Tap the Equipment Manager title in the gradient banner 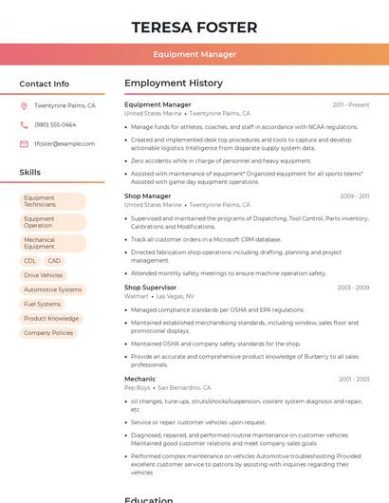pos(194,54)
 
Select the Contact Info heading pos(44,84)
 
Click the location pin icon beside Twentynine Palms pos(24,106)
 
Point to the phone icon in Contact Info pos(24,124)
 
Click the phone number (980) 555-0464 pos(55,124)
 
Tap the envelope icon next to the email pos(24,144)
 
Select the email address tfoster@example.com pos(65,144)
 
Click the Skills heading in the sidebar pos(30,173)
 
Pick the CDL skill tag pos(30,261)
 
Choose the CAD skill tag pos(54,261)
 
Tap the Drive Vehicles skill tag pos(44,275)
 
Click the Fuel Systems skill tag pos(42,304)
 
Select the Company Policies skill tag pos(48,333)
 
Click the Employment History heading pos(174,84)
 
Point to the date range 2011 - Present pos(350,105)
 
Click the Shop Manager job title pos(148,196)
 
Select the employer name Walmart pos(137,296)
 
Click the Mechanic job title pos(139,379)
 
